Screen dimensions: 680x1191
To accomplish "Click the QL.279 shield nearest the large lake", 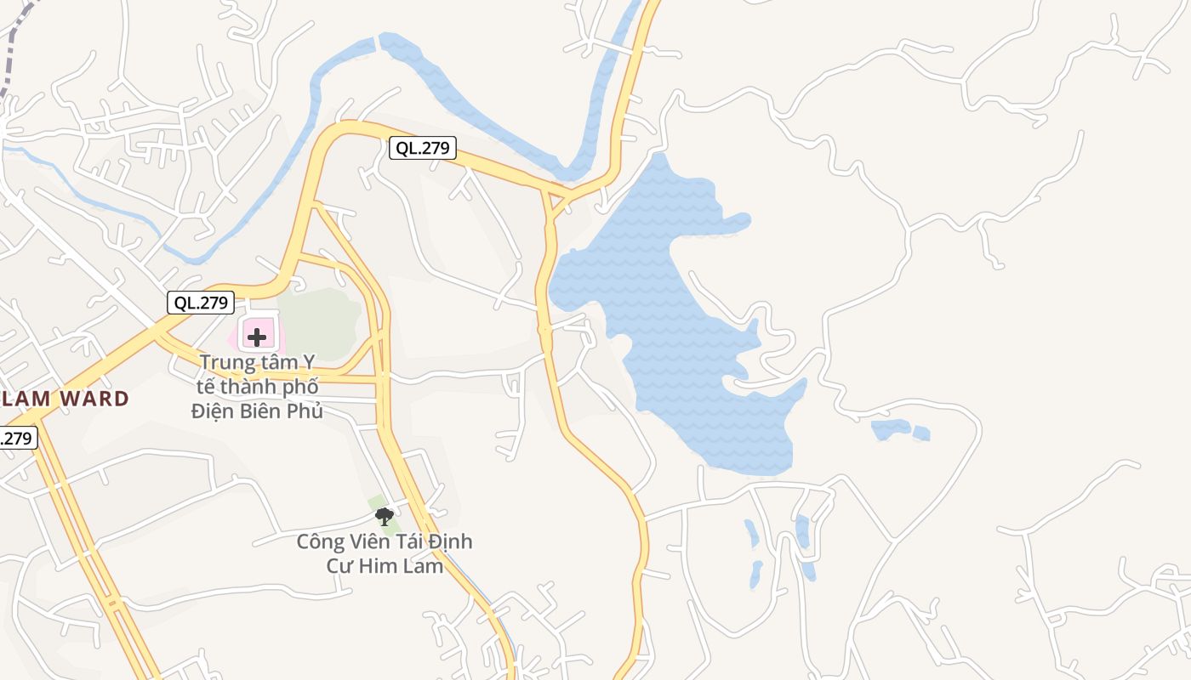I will tap(423, 148).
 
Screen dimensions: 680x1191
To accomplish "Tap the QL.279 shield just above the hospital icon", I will tap(201, 302).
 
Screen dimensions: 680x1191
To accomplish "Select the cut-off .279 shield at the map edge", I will tap(17, 439).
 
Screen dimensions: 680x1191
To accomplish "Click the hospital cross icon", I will tap(256, 337).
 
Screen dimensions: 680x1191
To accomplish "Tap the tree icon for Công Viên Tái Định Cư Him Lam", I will tap(384, 516).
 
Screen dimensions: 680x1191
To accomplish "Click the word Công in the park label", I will tap(319, 541).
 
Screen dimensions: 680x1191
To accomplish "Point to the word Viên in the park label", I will tap(368, 541).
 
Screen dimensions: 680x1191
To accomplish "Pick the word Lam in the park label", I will tap(425, 565).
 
